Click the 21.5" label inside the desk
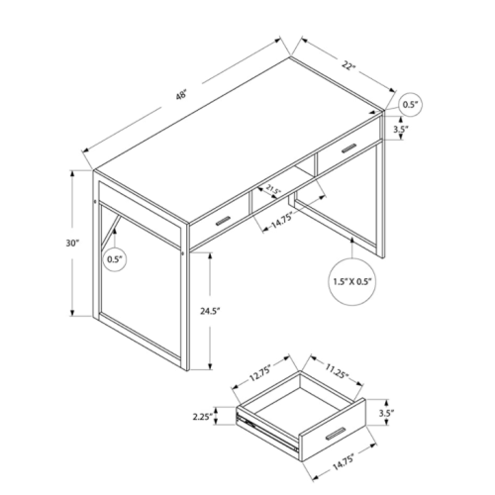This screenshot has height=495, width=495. point(273,189)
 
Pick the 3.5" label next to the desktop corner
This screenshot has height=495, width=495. point(400,129)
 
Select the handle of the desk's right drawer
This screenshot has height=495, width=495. point(344,148)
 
